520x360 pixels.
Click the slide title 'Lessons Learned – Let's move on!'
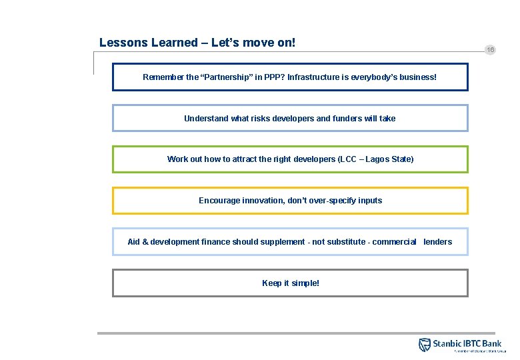(197, 43)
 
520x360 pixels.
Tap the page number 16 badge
(491, 50)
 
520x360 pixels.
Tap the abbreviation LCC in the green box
(351, 159)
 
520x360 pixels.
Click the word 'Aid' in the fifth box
(133, 242)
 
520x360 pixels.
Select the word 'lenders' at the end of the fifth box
(437, 242)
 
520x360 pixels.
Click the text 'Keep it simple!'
(291, 283)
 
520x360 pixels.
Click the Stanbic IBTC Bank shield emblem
(425, 345)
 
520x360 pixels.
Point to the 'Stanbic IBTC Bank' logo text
(467, 343)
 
